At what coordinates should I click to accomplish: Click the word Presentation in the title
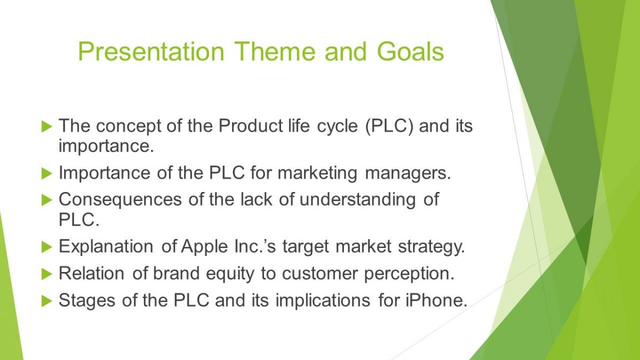[x=151, y=52]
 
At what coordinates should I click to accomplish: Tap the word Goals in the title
[x=410, y=52]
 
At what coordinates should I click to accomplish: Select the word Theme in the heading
[x=275, y=52]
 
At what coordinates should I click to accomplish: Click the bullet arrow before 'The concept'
[x=47, y=126]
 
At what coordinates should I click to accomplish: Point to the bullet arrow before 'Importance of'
[x=47, y=173]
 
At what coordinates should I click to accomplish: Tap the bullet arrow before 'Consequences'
[x=47, y=199]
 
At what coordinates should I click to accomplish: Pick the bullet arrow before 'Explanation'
[x=47, y=247]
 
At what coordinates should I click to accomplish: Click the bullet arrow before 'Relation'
[x=47, y=274]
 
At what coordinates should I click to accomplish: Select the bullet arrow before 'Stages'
[x=47, y=301]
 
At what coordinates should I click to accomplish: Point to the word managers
[x=408, y=173]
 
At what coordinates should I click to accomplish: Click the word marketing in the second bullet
[x=317, y=173]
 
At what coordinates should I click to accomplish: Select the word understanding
[x=357, y=199]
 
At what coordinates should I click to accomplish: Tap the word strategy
[x=431, y=247]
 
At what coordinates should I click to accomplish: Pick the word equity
[x=230, y=274]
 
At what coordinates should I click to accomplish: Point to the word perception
[x=409, y=274]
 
